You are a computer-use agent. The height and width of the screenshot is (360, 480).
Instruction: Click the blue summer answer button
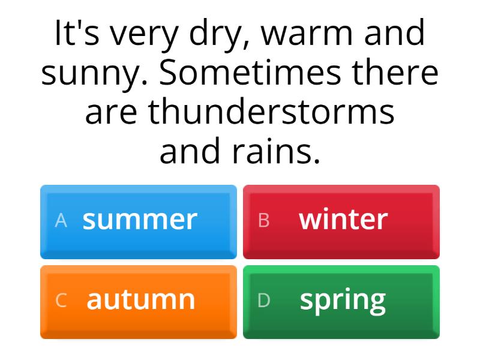coord(139,221)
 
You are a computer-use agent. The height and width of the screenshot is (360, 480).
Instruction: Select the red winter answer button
coord(341,221)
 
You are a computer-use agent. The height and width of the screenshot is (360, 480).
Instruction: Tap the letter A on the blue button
coord(61,221)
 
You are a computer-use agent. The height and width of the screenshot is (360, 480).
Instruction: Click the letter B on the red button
coord(263,221)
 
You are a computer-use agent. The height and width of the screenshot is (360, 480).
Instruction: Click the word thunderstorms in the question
coord(271,112)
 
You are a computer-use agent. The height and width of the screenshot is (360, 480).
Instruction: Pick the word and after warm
coord(394,34)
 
